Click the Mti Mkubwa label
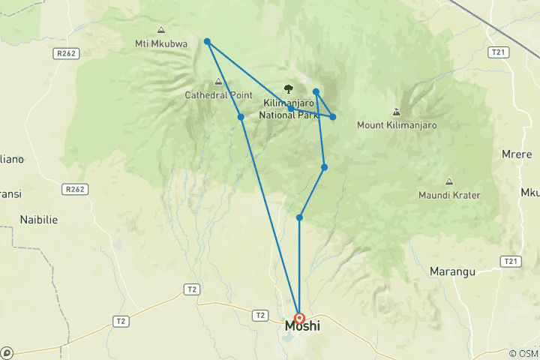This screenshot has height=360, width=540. point(161,43)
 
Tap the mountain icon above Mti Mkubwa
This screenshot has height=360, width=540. point(161,30)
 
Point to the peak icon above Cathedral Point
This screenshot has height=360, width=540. point(218,82)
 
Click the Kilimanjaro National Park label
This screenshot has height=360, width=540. point(289,109)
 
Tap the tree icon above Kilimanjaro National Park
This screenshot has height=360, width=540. point(288,88)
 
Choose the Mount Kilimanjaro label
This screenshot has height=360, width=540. point(397,125)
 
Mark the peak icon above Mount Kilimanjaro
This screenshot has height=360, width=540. point(396,112)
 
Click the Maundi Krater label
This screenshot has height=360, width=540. point(449,195)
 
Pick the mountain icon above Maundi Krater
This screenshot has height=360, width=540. point(449,181)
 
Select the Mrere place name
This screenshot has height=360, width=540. point(517,154)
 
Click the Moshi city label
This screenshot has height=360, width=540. point(302,328)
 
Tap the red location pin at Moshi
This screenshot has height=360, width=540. point(299,318)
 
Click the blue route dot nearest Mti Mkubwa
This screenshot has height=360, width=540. point(207,41)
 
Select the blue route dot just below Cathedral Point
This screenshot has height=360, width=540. point(241,117)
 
